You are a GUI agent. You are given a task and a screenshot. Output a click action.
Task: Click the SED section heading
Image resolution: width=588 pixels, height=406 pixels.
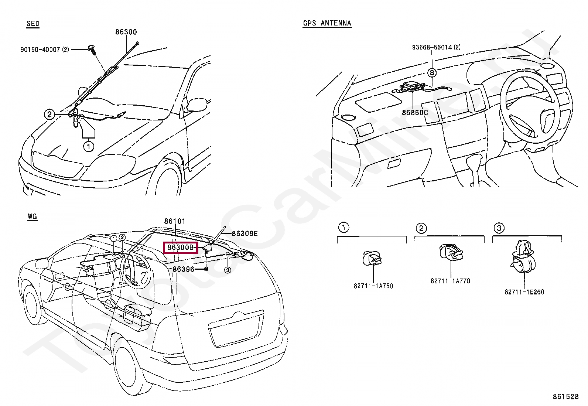point(33,24)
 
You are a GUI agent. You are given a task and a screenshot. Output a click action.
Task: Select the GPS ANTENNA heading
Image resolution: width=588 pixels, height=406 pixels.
point(327,23)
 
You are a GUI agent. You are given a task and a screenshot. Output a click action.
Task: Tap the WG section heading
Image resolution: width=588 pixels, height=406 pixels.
point(33,216)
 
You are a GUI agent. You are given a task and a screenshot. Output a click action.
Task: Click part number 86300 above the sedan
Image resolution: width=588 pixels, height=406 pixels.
point(126,32)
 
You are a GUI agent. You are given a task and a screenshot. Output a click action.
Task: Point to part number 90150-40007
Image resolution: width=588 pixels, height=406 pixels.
point(45,50)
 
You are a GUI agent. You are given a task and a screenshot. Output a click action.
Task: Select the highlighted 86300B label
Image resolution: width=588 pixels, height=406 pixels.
point(181,247)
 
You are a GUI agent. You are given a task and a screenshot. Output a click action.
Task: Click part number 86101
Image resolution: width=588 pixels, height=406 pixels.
point(175,221)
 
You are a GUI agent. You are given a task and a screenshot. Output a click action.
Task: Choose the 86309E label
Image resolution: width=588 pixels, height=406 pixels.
point(245,233)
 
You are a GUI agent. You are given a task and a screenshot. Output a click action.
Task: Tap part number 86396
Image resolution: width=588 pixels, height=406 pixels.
point(184,269)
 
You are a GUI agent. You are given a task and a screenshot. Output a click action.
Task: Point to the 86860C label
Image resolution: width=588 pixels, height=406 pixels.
point(415,112)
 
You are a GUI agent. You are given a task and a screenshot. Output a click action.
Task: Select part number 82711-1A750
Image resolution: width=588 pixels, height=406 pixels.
point(373,286)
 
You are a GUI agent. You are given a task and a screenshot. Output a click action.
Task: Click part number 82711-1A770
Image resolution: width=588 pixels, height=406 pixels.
point(450,281)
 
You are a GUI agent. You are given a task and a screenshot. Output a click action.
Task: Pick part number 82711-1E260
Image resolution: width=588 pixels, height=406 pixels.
point(524,292)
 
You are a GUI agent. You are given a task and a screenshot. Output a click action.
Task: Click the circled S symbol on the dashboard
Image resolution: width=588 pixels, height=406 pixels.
point(432,73)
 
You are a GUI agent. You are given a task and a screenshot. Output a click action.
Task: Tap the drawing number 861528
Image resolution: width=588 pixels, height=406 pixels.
point(565,397)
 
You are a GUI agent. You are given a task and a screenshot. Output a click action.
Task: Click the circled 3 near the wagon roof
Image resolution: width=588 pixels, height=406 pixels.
point(228,270)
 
